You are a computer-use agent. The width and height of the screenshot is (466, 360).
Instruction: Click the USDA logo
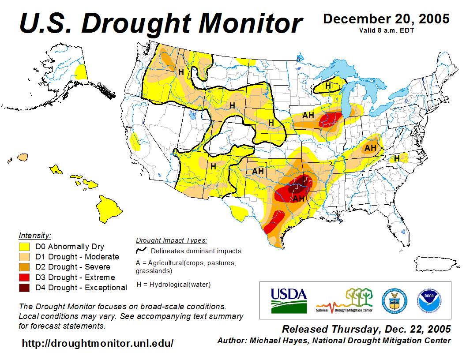pyautogui.click(x=289, y=300)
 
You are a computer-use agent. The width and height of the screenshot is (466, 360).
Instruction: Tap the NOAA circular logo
pyautogui.click(x=428, y=300)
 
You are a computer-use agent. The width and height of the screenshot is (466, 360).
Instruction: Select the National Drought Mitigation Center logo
pyautogui.click(x=345, y=300)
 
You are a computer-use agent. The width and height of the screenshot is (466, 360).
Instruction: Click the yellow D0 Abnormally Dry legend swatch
pyautogui.click(x=24, y=247)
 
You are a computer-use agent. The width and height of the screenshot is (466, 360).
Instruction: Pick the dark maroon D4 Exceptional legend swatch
pyautogui.click(x=24, y=288)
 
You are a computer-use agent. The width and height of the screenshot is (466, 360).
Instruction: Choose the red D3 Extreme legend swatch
pyautogui.click(x=24, y=277)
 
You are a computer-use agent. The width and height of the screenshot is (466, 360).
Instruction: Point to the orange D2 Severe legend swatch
pyautogui.click(x=24, y=267)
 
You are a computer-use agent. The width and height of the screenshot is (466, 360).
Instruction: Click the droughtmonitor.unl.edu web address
pyautogui.click(x=98, y=343)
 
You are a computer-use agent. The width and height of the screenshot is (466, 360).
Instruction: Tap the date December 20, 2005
pyautogui.click(x=386, y=19)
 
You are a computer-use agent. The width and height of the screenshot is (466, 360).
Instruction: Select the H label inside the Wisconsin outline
pyautogui.click(x=328, y=86)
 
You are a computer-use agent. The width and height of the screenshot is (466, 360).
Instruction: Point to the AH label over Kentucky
pyautogui.click(x=370, y=147)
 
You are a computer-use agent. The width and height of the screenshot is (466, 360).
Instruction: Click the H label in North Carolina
pyautogui.click(x=397, y=158)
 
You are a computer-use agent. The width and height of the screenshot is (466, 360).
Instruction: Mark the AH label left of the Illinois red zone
pyautogui.click(x=308, y=116)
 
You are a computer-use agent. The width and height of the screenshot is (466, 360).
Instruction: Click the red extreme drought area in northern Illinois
pyautogui.click(x=331, y=119)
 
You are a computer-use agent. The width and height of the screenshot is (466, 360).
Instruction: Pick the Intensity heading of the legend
pyautogui.click(x=35, y=236)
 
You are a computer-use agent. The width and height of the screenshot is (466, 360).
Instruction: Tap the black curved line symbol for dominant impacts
pyautogui.click(x=141, y=251)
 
